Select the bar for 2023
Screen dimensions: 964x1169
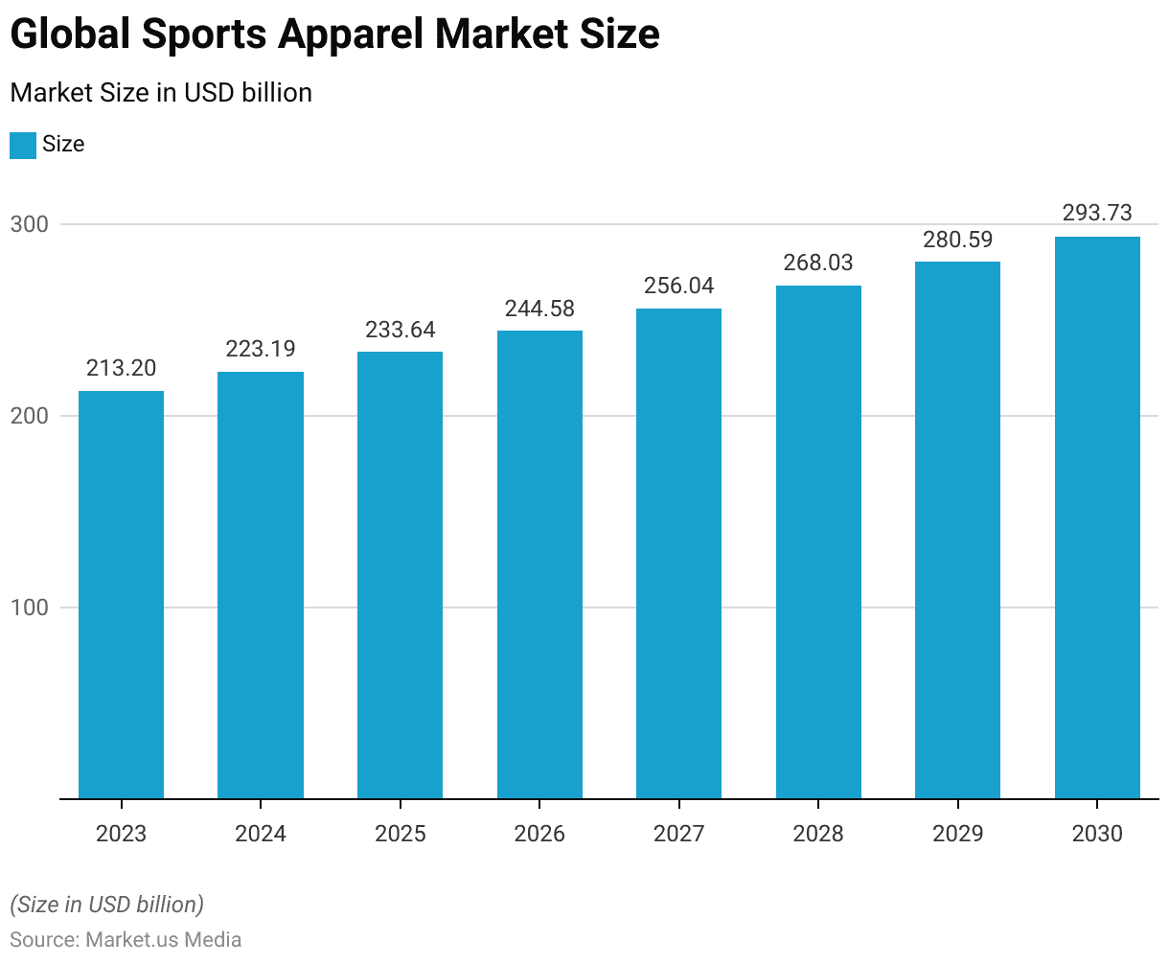point(121,594)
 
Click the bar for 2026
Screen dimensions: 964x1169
point(539,564)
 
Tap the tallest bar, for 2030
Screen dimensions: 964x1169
point(1097,517)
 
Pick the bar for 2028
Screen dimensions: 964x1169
point(818,541)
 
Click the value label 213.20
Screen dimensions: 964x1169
point(121,368)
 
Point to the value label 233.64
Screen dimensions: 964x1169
point(400,330)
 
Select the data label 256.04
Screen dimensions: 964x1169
point(678,286)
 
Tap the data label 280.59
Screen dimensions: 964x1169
point(957,240)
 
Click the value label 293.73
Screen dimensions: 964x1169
point(1097,213)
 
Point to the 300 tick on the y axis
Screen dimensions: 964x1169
point(29,224)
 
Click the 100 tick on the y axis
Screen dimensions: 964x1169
point(29,608)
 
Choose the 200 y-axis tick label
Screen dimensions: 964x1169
point(29,416)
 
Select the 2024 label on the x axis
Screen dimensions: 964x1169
point(261,834)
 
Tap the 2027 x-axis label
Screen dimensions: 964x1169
point(678,834)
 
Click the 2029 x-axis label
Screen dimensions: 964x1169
point(957,834)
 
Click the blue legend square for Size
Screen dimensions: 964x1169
point(23,145)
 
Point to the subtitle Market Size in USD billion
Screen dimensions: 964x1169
point(161,93)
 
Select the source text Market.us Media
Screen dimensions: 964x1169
point(163,939)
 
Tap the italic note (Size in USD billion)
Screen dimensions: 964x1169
point(106,904)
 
